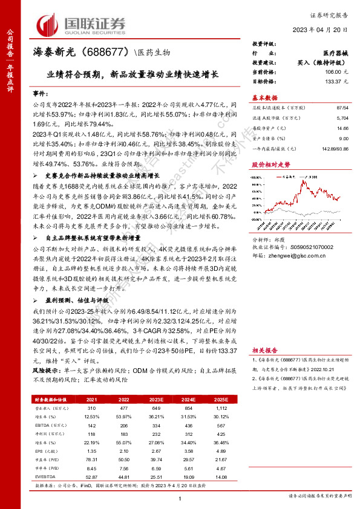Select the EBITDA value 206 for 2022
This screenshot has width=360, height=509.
pyautogui.click(x=125, y=426)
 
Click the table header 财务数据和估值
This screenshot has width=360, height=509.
pyautogui.click(x=50, y=400)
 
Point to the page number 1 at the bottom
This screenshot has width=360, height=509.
pyautogui.click(x=180, y=497)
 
